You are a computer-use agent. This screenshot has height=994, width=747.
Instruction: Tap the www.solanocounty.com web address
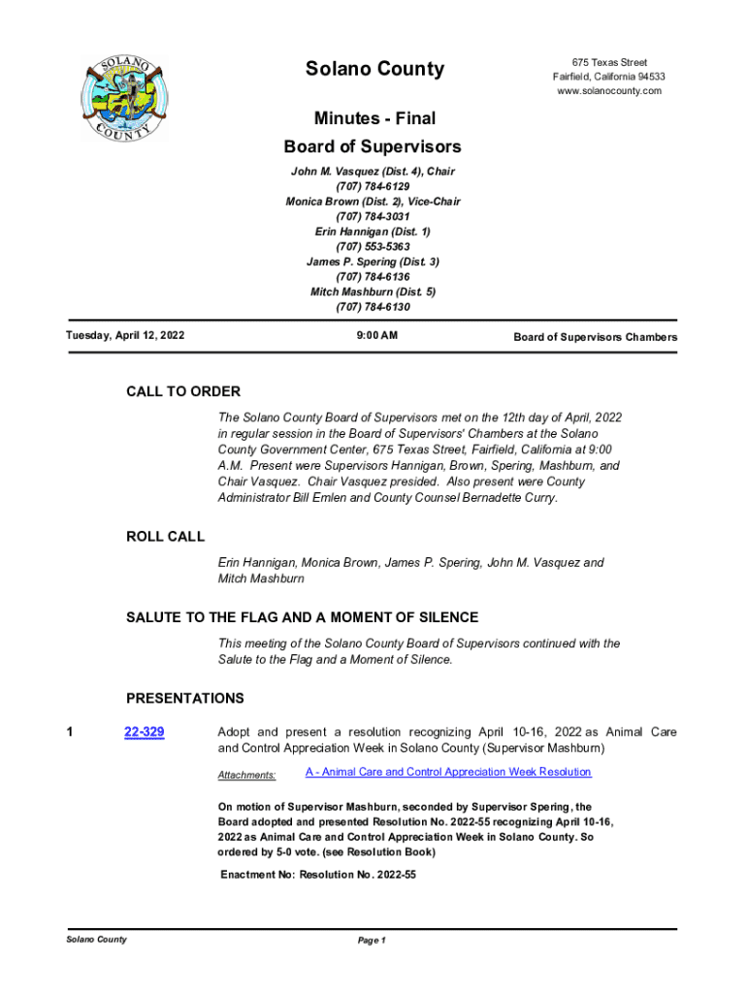609,91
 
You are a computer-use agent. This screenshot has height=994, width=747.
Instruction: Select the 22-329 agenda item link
144,733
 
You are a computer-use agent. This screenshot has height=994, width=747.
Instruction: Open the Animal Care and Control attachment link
448,772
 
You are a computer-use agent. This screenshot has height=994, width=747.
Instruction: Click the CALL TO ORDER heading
183,392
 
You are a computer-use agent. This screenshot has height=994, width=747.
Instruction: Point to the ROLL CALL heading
166,537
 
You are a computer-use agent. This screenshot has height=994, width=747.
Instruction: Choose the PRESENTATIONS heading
185,699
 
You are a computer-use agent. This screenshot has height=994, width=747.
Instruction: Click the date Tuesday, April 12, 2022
125,336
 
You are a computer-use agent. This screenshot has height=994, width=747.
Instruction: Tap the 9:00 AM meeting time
373,336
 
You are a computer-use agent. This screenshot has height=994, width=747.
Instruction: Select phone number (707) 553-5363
373,247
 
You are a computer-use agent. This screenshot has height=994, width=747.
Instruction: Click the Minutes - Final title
374,118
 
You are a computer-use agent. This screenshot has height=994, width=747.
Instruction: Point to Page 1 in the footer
372,941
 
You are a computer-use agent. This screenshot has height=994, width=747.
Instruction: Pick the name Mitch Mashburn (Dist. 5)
373,291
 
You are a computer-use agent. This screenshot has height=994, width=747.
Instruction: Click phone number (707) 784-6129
373,186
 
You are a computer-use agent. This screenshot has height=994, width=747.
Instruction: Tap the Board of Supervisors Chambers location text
595,337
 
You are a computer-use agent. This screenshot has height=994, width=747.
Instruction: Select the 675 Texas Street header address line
609,62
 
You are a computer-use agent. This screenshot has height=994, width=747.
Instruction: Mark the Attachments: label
246,775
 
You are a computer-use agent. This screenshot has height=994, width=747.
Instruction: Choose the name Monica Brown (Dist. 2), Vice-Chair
373,202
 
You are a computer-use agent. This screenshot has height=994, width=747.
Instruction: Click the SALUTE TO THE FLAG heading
302,618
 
